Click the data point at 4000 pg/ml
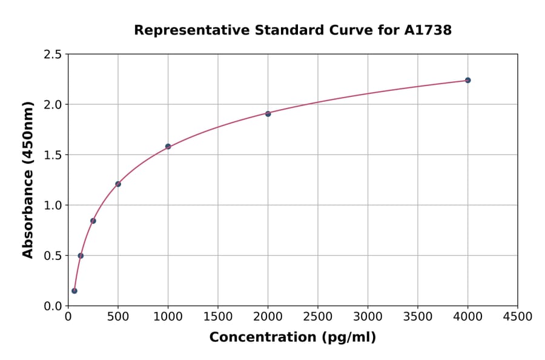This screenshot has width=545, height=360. tap(467, 80)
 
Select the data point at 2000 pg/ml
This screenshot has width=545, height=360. tap(268, 113)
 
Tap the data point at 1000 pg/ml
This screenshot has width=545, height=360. tap(168, 146)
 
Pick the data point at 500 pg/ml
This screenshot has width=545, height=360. tap(118, 184)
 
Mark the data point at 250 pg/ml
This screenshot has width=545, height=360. tap(93, 221)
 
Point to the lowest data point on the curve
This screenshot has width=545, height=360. tap(74, 291)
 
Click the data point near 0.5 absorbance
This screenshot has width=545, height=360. tap(81, 256)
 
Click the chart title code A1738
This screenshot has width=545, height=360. tap(428, 30)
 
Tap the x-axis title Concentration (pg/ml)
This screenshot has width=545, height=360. tap(292, 337)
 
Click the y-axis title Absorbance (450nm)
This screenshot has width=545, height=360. tap(28, 179)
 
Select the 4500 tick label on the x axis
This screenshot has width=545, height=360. tap(518, 317)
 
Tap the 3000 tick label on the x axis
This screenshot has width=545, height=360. tap(368, 317)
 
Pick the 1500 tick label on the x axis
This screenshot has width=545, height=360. tap(218, 317)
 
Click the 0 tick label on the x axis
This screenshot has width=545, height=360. tap(68, 317)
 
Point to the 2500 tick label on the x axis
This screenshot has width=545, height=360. tap(318, 317)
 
